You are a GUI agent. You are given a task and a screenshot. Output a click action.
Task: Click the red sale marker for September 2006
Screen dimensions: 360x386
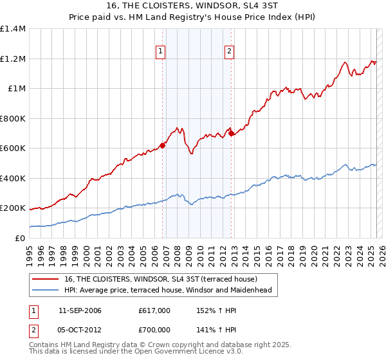(162, 145)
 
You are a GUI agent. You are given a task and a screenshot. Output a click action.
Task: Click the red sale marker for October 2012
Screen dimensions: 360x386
(231, 134)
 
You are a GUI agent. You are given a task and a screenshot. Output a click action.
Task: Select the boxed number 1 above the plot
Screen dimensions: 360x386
(160, 53)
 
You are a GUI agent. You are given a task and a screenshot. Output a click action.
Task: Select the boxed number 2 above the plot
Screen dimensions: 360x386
(229, 53)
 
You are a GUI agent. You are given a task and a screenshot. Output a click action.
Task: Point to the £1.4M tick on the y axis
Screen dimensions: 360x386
(13, 29)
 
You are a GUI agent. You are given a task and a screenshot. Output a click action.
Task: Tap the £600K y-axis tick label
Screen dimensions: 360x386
(12, 148)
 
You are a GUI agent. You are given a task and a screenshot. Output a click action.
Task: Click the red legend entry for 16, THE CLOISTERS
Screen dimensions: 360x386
(161, 279)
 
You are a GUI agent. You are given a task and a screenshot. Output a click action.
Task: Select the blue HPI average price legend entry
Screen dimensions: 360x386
(168, 290)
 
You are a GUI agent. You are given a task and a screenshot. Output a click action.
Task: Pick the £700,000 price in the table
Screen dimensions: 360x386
(154, 330)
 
